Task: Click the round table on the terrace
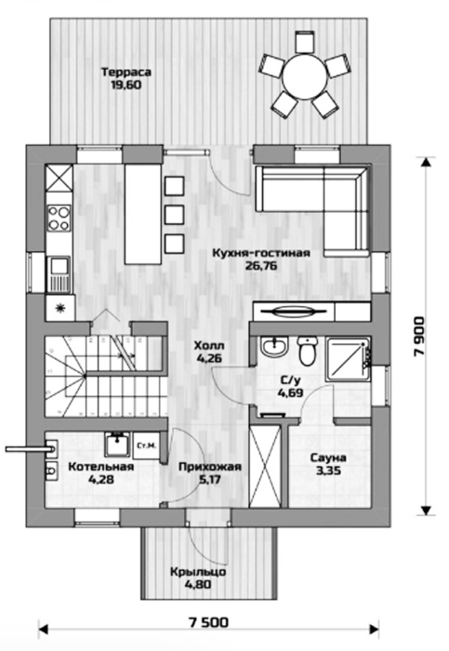pyautogui.click(x=305, y=76)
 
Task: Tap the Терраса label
pyautogui.click(x=126, y=73)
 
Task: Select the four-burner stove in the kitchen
pyautogui.click(x=59, y=219)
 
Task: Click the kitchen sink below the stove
pyautogui.click(x=59, y=274)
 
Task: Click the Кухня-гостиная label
pyautogui.click(x=261, y=253)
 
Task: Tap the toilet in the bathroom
pyautogui.click(x=308, y=351)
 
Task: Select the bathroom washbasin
pyautogui.click(x=274, y=346)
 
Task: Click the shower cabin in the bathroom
pyautogui.click(x=348, y=359)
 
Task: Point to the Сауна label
pyautogui.click(x=328, y=458)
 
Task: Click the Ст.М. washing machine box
pyautogui.click(x=147, y=445)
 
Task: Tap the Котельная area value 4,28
pyautogui.click(x=100, y=480)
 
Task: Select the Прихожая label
pyautogui.click(x=210, y=467)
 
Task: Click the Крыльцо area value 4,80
pyautogui.click(x=199, y=585)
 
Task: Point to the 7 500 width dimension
pyautogui.click(x=208, y=623)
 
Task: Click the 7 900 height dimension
pyautogui.click(x=419, y=337)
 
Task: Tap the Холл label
pyautogui.click(x=209, y=345)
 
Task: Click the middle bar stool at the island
pyautogui.click(x=174, y=215)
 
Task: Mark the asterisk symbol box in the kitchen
pyautogui.click(x=60, y=308)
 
